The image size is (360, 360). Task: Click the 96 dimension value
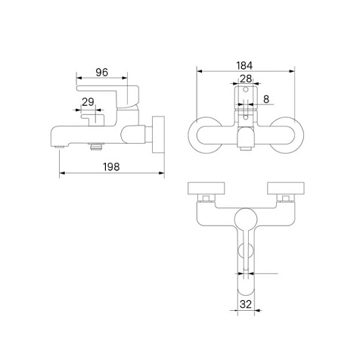[102, 73]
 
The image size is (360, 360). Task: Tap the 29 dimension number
[88, 102]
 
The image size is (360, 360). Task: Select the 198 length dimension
[111, 167]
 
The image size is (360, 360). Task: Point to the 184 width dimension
[244, 66]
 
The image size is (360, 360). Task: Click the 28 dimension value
[246, 79]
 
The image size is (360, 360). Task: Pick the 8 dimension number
[266, 99]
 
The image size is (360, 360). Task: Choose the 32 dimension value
[246, 305]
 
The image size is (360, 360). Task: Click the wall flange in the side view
[158, 135]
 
